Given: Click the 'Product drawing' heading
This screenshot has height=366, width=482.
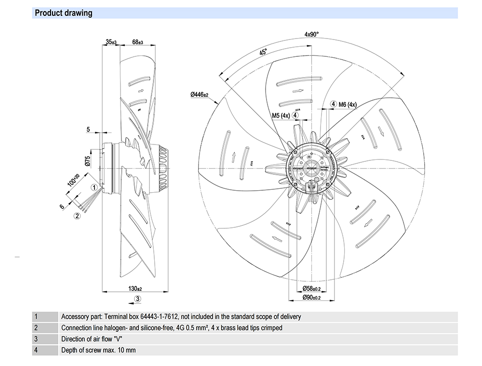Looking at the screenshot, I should tap(64, 13).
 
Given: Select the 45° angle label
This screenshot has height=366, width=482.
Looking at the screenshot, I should tap(263, 52).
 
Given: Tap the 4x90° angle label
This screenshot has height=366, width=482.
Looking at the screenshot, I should tap(312, 34).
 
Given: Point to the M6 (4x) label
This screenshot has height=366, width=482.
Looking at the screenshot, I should tap(347, 105).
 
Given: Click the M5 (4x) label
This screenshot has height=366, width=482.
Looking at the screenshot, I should tap(280, 116).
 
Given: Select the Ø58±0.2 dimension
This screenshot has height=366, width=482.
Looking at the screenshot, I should tap(311, 288).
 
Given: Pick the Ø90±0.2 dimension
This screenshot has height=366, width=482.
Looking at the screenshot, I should tap(311, 298).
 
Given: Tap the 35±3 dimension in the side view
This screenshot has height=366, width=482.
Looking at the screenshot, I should tap(111, 42).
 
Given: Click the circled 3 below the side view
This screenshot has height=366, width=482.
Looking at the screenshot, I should tap(137, 299).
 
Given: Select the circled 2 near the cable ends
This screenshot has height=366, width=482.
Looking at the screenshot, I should tap(77, 216).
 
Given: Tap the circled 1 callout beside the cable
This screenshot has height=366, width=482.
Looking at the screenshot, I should tap(94, 187).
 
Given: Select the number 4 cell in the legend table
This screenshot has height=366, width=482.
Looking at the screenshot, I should tap(36, 350).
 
